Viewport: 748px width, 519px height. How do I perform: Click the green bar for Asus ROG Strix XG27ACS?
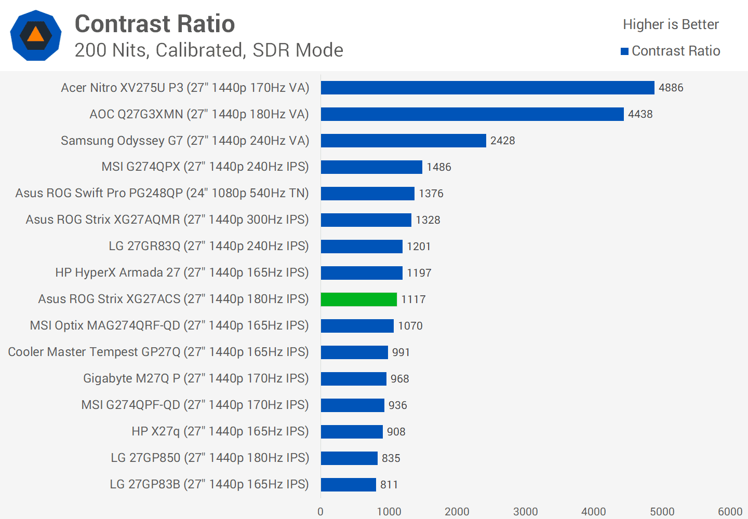click(x=358, y=299)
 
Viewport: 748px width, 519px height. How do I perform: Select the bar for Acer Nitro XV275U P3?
click(x=487, y=88)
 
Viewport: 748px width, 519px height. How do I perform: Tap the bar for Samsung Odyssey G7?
click(x=403, y=141)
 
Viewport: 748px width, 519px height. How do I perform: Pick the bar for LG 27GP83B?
click(x=348, y=485)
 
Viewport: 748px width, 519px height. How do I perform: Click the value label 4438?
click(x=640, y=114)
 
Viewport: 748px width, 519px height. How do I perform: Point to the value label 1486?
click(x=438, y=167)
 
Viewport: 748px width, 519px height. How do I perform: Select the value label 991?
click(x=401, y=352)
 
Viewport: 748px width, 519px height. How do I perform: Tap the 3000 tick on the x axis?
click(x=525, y=512)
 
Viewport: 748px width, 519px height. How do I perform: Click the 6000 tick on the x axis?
click(x=730, y=512)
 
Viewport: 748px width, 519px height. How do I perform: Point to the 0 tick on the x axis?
click(x=320, y=512)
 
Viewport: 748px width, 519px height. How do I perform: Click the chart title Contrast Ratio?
click(x=155, y=24)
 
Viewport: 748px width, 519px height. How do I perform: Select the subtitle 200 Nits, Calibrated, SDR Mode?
click(x=209, y=50)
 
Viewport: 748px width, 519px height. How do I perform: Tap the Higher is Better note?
click(x=671, y=24)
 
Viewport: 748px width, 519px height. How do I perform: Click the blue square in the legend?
click(x=625, y=51)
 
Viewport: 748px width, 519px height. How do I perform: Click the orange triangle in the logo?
click(x=35, y=35)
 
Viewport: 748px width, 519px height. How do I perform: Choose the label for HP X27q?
click(x=220, y=431)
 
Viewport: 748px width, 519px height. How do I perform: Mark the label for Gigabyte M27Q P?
click(x=196, y=378)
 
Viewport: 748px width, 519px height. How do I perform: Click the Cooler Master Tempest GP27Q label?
click(x=158, y=352)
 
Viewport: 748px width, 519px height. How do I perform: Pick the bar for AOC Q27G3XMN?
click(x=472, y=114)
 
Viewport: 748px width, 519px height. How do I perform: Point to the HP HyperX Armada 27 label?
click(x=182, y=272)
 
